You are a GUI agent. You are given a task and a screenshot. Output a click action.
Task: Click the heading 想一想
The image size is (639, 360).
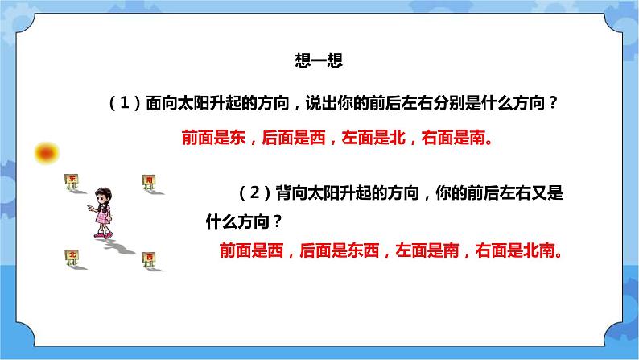pos(319,60)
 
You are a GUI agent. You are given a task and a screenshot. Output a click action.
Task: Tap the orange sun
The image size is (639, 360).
pos(48,151)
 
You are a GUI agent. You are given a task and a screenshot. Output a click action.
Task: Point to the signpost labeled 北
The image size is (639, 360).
pos(72,257)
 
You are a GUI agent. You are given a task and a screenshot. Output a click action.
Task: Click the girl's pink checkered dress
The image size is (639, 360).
pos(103,214)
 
